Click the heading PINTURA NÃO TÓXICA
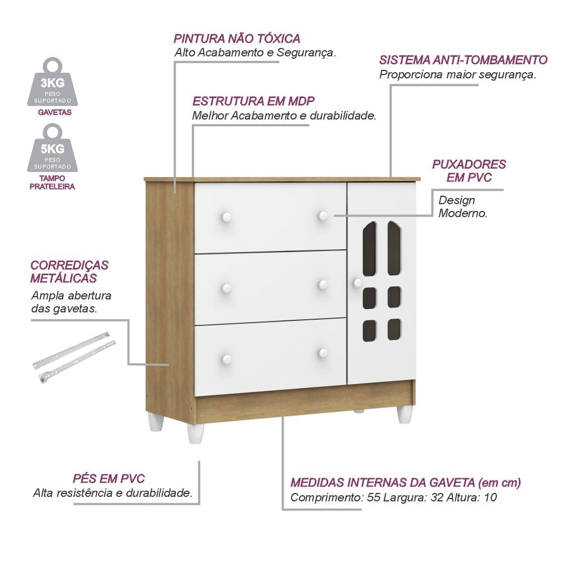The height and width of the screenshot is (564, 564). tap(237, 39)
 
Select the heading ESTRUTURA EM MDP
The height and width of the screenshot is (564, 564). tap(253, 102)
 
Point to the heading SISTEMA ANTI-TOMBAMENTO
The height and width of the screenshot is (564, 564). tap(463, 60)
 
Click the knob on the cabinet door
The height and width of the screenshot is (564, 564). tap(357, 283)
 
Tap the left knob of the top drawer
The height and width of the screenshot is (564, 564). tap(226, 217)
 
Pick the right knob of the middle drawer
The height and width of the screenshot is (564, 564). tap(323, 284)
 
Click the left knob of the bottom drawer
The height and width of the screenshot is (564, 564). tap(226, 359)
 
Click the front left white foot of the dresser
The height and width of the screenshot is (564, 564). tap(195, 433)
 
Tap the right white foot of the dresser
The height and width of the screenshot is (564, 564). tap(404, 415)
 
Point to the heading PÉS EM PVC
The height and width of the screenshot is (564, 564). tap(109, 479)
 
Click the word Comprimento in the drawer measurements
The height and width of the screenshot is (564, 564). tap(323, 498)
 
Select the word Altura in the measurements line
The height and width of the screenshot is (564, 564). tap(464, 498)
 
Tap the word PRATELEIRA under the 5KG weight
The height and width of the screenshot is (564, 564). tap(52, 186)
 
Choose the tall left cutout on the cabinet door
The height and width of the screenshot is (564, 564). tap(369, 249)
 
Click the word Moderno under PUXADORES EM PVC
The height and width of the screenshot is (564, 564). tap(462, 214)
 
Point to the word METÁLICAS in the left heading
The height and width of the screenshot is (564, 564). tap(63, 278)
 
